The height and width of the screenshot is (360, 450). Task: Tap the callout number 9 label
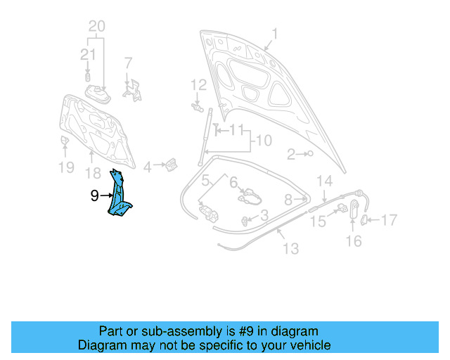tap(95, 196)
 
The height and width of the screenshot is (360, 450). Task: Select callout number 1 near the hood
tap(275, 33)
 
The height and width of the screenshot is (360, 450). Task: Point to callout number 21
tap(87, 54)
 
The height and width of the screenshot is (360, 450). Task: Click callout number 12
tap(199, 85)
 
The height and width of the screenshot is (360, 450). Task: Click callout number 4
tap(148, 167)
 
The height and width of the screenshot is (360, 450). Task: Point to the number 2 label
tap(290, 154)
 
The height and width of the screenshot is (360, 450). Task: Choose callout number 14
tap(323, 181)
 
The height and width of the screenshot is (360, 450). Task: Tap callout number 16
tap(354, 240)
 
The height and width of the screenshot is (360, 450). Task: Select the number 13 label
tap(290, 248)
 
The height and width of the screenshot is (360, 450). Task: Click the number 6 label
tap(233, 181)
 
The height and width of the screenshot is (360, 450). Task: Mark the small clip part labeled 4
tap(170, 165)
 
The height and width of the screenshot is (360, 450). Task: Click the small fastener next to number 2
tap(309, 153)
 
